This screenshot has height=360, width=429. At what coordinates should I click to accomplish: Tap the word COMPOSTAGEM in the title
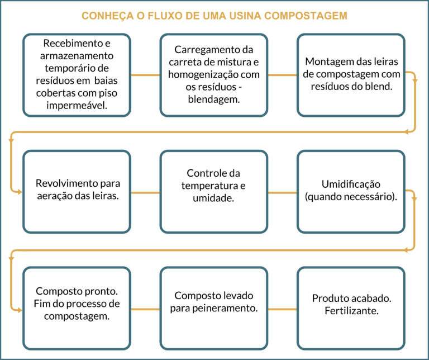pos(306,16)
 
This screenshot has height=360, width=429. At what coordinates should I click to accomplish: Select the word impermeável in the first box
pos(77,106)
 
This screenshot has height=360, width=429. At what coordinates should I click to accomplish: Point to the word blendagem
pos(214,100)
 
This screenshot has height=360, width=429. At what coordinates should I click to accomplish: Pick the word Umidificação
pos(351,184)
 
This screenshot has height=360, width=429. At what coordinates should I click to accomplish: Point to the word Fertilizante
pos(351,311)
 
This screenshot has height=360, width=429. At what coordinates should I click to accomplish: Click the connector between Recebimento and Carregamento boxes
pos(145,75)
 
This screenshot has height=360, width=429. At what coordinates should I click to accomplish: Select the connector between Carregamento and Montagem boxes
pos(282,75)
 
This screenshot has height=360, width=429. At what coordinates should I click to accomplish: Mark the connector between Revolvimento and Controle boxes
pos(145,192)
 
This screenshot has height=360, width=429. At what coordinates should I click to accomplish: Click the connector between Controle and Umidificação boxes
pos(282,192)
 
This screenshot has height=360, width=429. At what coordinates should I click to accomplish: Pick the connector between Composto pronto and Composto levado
pos(145,309)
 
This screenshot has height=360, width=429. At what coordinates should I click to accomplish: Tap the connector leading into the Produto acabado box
pos(282,309)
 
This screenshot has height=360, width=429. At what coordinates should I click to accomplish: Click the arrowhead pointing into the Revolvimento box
pos(20,192)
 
